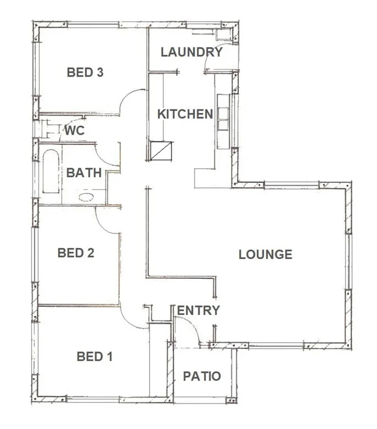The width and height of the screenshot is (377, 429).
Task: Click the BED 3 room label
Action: coord(85,72)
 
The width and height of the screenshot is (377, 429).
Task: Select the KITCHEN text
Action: coord(185,114)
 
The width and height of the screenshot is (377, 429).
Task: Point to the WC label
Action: coord(73,130)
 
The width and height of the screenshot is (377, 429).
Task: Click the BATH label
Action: coord(84,173)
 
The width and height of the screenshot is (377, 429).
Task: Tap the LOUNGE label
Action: coord(265,254)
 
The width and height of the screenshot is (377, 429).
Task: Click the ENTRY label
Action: coord(199,311)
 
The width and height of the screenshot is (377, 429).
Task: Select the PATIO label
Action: coord(202,376)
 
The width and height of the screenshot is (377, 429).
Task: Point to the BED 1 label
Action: coord(94,357)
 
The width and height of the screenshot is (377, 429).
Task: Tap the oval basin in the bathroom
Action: coord(86,197)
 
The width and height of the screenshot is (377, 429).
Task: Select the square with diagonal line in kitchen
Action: coord(162,150)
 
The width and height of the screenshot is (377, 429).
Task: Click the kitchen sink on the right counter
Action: coord(223,113)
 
